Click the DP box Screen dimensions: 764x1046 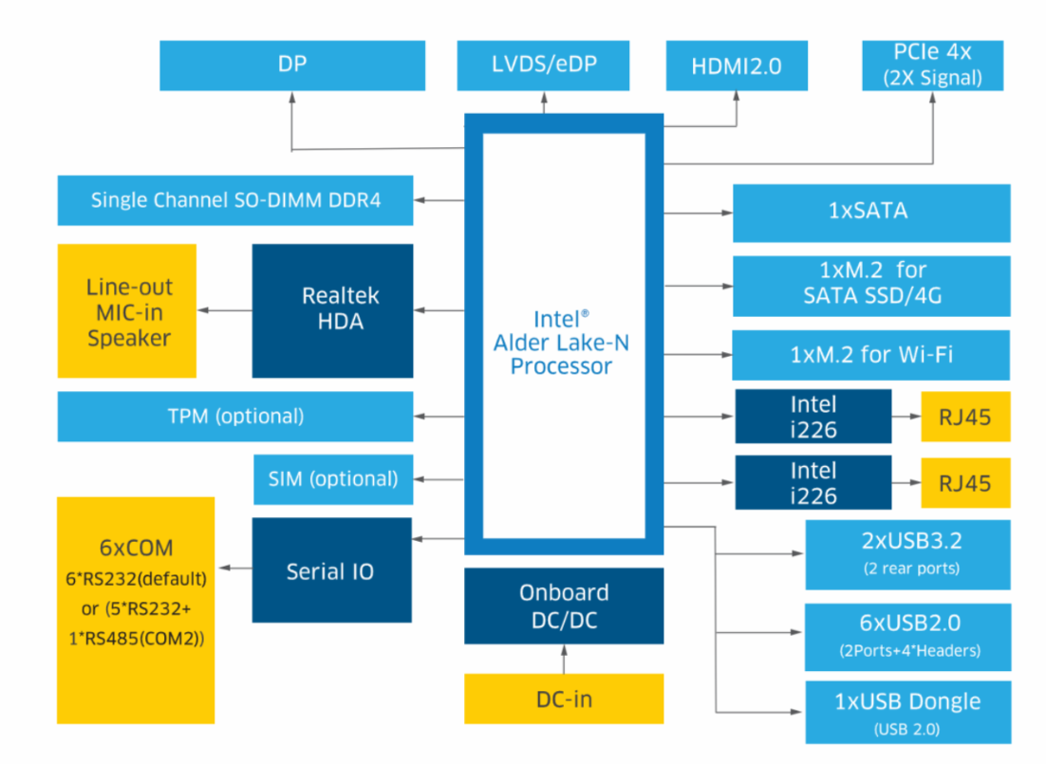pos(292,65)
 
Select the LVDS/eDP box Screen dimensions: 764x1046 pos(543,65)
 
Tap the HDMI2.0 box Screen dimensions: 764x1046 pos(737,65)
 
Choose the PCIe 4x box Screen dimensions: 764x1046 pos(932,65)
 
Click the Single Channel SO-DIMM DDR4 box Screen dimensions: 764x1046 pos(235,200)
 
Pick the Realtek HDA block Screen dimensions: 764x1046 pos(332,309)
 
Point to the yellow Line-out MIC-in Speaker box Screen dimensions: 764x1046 pos(127,311)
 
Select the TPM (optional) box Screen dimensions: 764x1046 pos(235,417)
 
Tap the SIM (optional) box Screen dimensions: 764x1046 pos(333,478)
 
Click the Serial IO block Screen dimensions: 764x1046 pos(331,571)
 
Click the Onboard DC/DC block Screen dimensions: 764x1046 pos(564,606)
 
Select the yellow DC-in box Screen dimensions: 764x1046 pos(564,699)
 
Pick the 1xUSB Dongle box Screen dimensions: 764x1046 pos(907,712)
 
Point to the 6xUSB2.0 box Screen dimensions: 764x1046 pos(907,634)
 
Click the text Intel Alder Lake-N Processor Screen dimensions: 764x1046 pos(562,342)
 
